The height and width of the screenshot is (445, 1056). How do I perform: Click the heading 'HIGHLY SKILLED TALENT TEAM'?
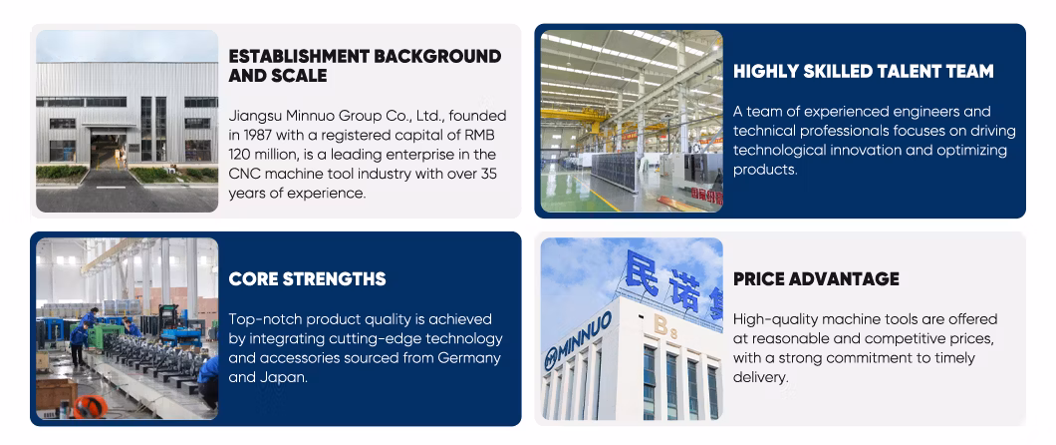[x=864, y=71]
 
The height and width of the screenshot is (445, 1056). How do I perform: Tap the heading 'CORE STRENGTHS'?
[x=307, y=278]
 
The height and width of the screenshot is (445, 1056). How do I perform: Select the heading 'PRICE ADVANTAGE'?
[x=816, y=278]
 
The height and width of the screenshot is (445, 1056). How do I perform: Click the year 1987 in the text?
[x=259, y=135]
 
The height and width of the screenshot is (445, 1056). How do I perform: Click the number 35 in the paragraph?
[x=489, y=174]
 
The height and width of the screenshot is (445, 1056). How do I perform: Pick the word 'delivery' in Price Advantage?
[x=760, y=377]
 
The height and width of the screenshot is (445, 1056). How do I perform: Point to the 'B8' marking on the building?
[x=662, y=327]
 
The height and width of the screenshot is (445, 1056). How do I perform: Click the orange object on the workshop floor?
[x=90, y=406]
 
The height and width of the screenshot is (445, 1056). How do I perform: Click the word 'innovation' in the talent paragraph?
[x=861, y=151]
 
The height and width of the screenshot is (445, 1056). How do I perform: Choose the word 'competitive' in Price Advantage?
[x=909, y=338]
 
